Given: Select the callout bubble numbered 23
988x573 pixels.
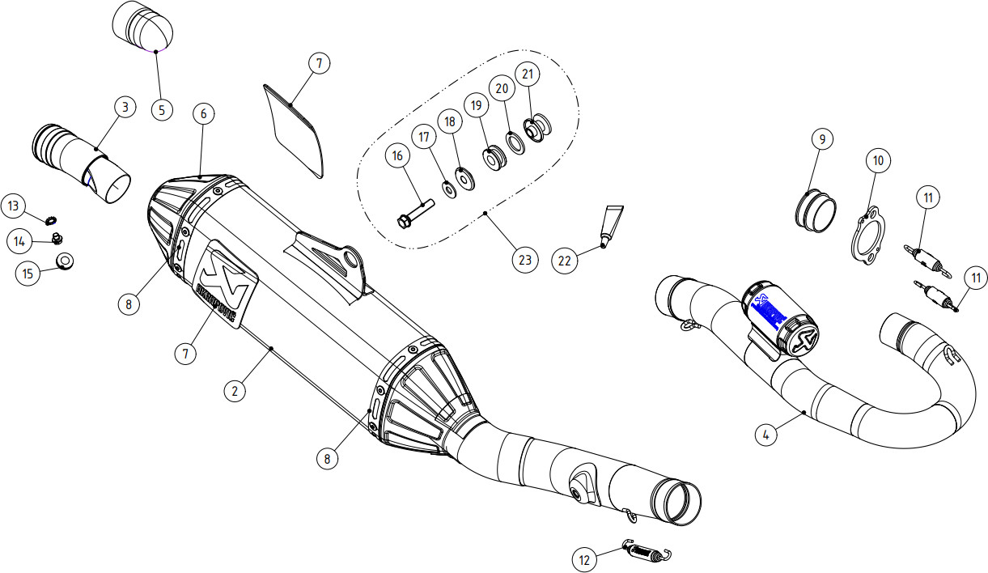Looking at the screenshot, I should click(x=524, y=260).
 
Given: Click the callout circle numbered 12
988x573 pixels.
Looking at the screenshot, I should click(x=586, y=558).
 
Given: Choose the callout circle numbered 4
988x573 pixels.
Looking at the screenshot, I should click(x=766, y=434).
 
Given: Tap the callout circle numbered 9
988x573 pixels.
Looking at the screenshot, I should click(x=822, y=139).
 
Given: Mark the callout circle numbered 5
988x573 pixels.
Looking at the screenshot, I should click(x=161, y=108).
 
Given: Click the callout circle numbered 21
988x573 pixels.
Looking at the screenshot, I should click(x=528, y=74).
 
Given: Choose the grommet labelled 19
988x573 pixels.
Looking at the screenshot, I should click(x=494, y=158).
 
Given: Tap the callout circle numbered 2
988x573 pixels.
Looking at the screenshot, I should click(x=235, y=391).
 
